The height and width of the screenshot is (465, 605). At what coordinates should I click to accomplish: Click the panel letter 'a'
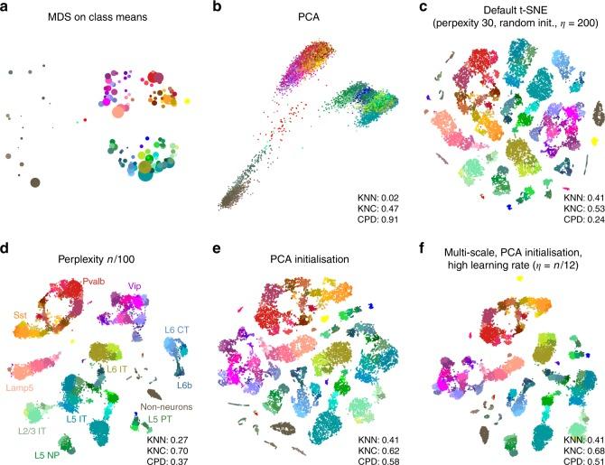(x=6, y=8)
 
